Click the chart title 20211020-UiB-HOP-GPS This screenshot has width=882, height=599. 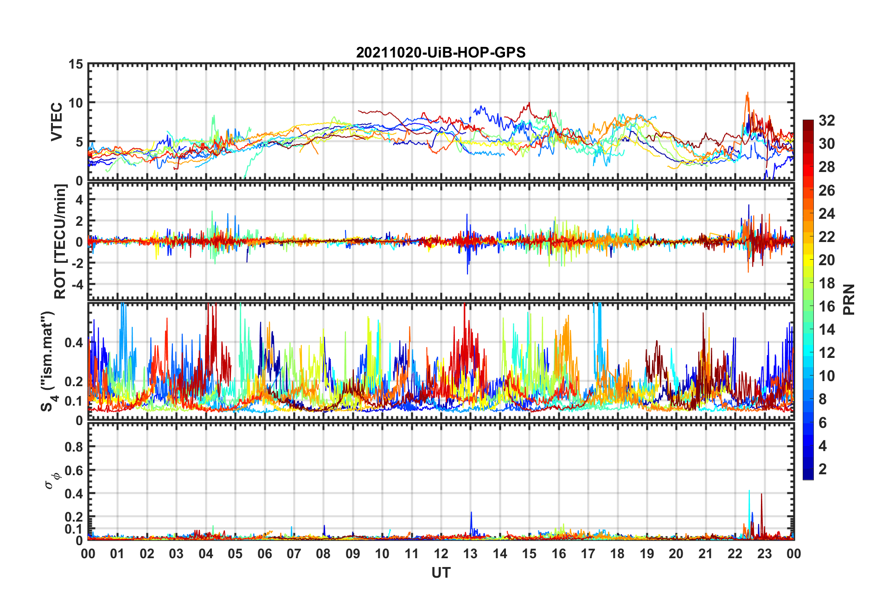click(441, 52)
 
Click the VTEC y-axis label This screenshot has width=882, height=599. click(57, 122)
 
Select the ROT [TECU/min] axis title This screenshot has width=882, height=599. click(60, 241)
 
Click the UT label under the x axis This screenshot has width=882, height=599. click(441, 573)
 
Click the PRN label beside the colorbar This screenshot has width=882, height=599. click(849, 299)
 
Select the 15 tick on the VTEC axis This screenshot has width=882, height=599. click(76, 64)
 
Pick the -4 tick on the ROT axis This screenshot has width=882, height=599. click(77, 284)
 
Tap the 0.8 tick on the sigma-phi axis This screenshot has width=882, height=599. click(73, 447)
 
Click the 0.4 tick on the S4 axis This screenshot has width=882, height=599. click(73, 343)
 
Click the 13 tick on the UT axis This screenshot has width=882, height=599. click(470, 554)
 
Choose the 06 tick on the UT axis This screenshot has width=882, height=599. click(264, 554)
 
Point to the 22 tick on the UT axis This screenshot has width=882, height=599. click(735, 554)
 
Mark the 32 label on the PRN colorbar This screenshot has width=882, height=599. click(826, 121)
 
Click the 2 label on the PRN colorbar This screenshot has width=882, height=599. click(823, 469)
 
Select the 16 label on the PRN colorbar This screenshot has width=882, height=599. click(826, 306)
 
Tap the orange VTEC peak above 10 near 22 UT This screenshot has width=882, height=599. click(747, 94)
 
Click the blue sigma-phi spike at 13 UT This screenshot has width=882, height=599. click(471, 513)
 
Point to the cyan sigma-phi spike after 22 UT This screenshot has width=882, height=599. click(749, 491)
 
